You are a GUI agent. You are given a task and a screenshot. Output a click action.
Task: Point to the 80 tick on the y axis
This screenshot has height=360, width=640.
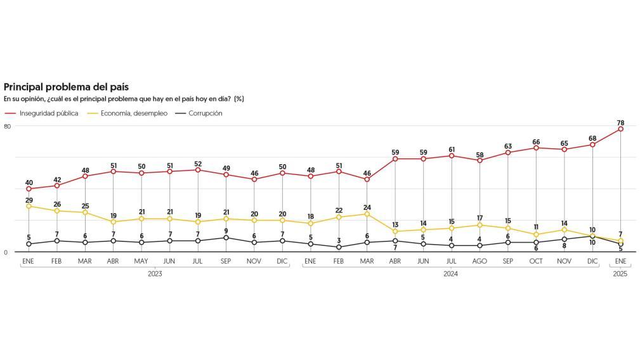pyautogui.click(x=7, y=126)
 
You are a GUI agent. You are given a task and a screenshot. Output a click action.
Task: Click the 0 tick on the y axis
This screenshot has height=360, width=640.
pyautogui.click(x=5, y=252)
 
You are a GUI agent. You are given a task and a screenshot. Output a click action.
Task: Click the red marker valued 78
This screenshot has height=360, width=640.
pyautogui.click(x=620, y=129)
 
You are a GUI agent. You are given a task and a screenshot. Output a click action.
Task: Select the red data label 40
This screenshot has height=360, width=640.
pyautogui.click(x=29, y=183)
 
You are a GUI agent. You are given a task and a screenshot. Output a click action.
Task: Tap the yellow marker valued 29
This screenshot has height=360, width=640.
pyautogui.click(x=29, y=206)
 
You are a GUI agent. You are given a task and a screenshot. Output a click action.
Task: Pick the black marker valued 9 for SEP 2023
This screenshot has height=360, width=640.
pyautogui.click(x=226, y=238)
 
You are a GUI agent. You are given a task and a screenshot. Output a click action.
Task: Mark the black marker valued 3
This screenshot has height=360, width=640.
pyautogui.click(x=339, y=247)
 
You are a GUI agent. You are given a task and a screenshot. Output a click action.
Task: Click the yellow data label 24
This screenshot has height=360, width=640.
pyautogui.click(x=367, y=207)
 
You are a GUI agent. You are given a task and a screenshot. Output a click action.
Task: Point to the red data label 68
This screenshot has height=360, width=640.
pyautogui.click(x=592, y=138)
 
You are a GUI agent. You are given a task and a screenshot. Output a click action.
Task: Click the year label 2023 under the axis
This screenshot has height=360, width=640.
pyautogui.click(x=155, y=274)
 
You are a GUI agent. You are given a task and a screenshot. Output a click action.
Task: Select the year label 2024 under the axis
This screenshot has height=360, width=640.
pyautogui.click(x=450, y=274)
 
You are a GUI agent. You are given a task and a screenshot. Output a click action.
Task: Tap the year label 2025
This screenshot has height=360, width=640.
pyautogui.click(x=620, y=274)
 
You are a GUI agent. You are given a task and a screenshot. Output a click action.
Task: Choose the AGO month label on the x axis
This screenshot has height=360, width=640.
pyautogui.click(x=480, y=261)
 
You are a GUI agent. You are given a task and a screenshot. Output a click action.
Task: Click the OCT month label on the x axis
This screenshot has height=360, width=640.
pyautogui.click(x=536, y=261)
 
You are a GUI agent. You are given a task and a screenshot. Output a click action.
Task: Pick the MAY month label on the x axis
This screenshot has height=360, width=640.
pyautogui.click(x=141, y=261)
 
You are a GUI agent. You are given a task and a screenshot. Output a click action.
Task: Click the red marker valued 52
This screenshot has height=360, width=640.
pyautogui.click(x=198, y=170)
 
